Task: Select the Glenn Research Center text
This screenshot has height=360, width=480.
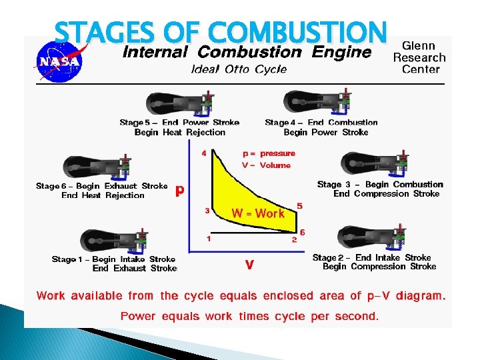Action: [419, 57]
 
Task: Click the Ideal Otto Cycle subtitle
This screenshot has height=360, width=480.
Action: [239, 69]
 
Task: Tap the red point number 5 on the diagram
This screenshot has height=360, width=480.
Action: [299, 207]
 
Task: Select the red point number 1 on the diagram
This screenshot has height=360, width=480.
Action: [209, 238]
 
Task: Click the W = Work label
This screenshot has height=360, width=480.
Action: [258, 213]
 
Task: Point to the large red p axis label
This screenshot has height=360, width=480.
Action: [179, 191]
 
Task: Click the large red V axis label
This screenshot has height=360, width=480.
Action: [249, 265]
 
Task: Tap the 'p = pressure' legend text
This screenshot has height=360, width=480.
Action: [268, 153]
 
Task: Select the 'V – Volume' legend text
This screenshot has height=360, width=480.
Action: [266, 165]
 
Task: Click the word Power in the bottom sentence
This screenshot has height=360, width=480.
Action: [138, 316]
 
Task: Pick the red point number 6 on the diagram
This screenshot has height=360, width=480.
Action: [303, 231]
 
